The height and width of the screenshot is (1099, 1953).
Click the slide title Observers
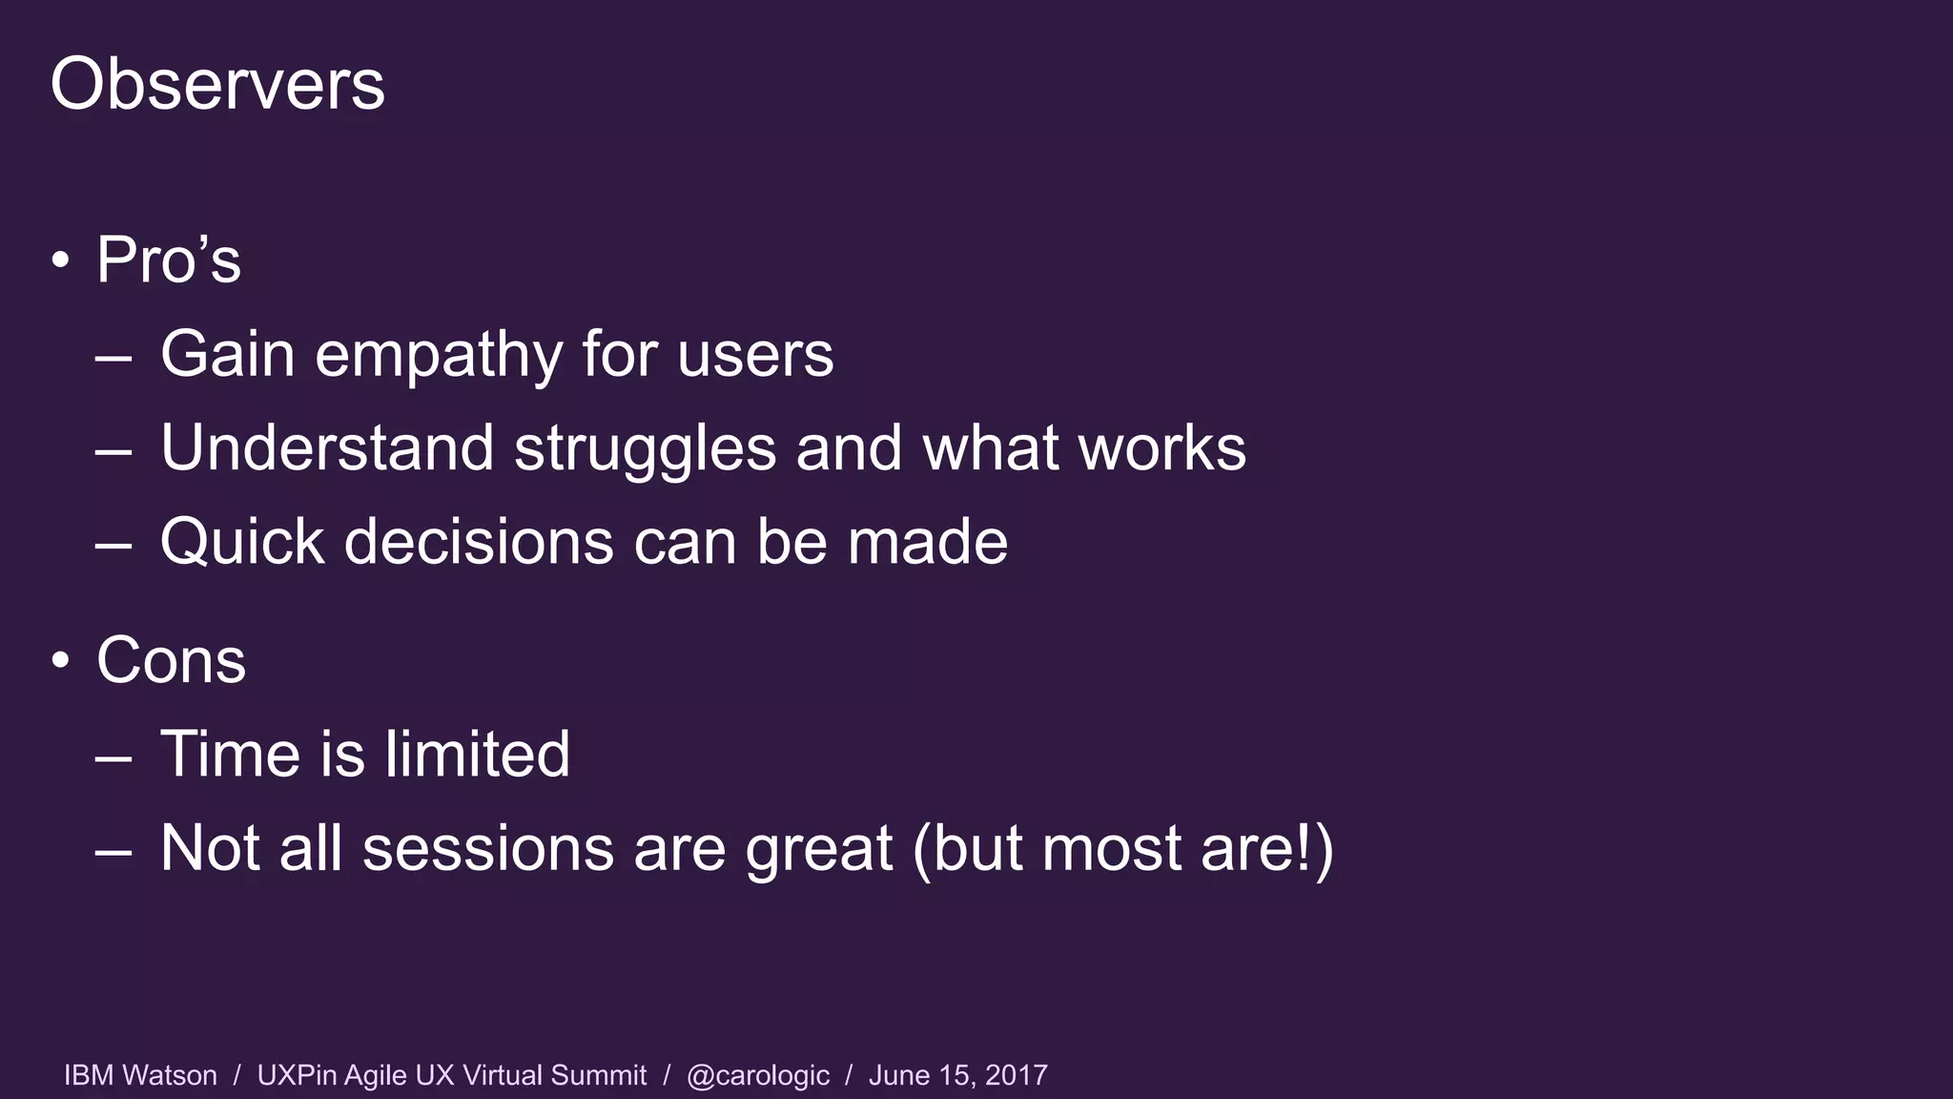coord(217,84)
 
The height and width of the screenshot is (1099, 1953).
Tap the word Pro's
coord(169,259)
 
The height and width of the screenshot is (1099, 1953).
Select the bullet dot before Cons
coord(61,660)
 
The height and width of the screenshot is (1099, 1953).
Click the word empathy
coord(439,355)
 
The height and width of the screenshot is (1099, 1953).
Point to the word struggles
coord(646,448)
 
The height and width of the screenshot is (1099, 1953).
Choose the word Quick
coord(242,542)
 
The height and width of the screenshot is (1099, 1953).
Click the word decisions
coord(480,542)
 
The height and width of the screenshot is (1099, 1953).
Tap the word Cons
coord(172,660)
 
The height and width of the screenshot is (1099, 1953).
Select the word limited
coord(477,754)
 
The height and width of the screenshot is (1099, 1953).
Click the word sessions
coord(488,849)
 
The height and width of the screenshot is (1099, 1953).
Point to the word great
coord(818,849)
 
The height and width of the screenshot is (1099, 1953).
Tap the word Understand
coord(327,448)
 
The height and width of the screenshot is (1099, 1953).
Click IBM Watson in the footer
coord(140,1075)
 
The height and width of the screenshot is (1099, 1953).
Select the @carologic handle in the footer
coord(758,1075)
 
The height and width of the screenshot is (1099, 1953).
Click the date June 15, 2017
coord(957,1075)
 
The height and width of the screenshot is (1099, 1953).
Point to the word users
coord(755,355)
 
